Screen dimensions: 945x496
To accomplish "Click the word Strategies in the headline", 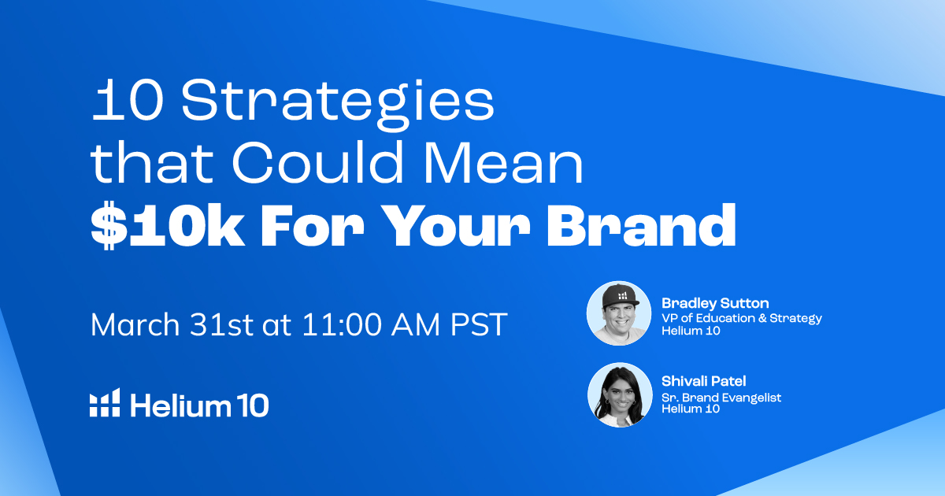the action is pyautogui.click(x=338, y=103).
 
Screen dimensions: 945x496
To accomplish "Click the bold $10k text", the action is pyautogui.click(x=168, y=225).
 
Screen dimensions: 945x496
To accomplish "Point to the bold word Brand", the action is pyautogui.click(x=642, y=225).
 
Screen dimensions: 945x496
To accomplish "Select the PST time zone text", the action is pyautogui.click(x=479, y=324).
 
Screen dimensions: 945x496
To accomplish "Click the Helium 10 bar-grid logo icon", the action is pyautogui.click(x=105, y=403).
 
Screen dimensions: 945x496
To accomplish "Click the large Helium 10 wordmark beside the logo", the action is pyautogui.click(x=199, y=405).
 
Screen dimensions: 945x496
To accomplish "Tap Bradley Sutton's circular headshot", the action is pyautogui.click(x=619, y=313).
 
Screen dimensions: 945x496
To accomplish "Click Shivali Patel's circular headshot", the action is pyautogui.click(x=620, y=394).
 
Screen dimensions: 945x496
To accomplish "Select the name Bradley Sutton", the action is pyautogui.click(x=715, y=303).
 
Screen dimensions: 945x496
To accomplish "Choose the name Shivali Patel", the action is pyautogui.click(x=704, y=381).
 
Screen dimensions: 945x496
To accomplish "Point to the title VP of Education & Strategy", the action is pyautogui.click(x=742, y=318).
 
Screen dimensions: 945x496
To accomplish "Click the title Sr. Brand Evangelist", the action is pyautogui.click(x=721, y=398).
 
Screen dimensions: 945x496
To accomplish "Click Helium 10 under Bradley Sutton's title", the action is pyautogui.click(x=691, y=331).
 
